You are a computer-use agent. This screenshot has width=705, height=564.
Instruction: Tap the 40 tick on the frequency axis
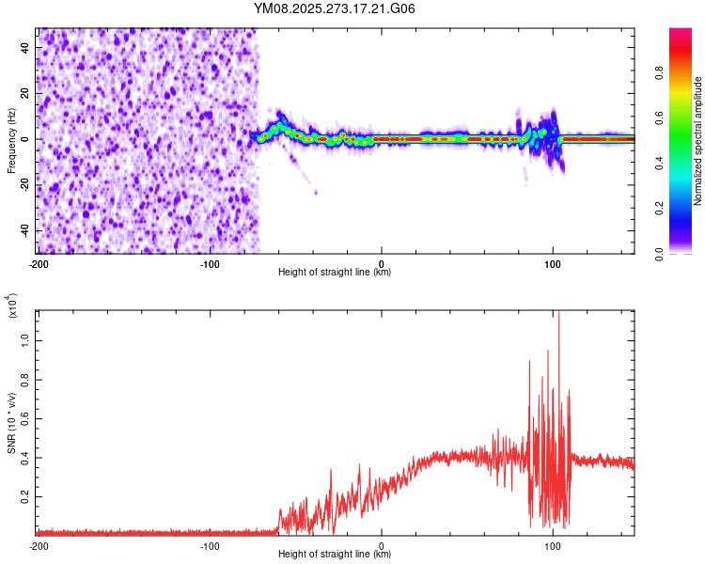[26, 47]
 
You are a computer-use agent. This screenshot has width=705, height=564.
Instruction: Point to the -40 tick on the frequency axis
[24, 230]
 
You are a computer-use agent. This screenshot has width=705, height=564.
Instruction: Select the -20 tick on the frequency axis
[24, 184]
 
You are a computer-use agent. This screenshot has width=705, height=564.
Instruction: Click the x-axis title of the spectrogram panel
[335, 273]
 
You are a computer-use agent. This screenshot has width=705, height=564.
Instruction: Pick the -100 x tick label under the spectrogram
[209, 262]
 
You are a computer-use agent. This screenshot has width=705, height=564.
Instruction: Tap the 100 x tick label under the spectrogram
[554, 262]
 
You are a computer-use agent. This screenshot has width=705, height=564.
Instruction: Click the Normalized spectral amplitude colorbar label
[698, 141]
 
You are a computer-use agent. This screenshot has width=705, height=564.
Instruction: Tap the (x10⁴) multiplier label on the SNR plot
[12, 306]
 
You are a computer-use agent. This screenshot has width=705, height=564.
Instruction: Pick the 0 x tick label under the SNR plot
[382, 544]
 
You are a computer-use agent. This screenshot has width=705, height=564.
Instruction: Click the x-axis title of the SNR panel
[335, 555]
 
